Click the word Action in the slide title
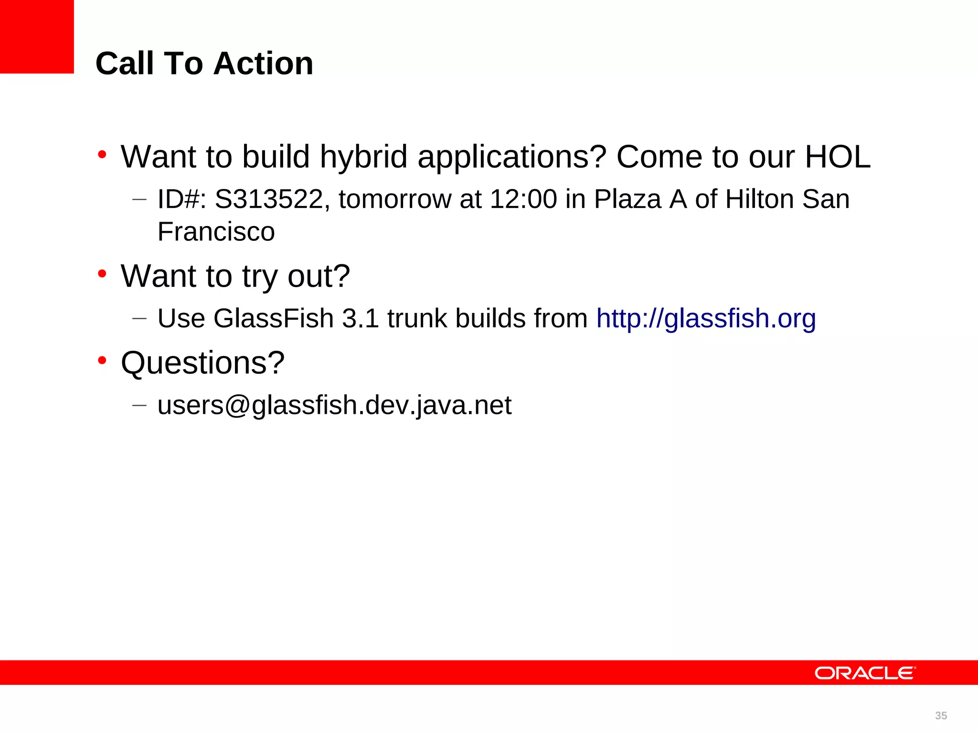[263, 63]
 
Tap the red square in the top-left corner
[37, 37]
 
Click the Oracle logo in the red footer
[865, 673]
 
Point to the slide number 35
[941, 715]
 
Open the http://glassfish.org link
[706, 318]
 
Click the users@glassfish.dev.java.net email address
[334, 405]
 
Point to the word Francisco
[216, 232]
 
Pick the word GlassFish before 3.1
[273, 318]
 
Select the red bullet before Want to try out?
[102, 274]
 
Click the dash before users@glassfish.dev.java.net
[139, 405]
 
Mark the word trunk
[417, 318]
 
